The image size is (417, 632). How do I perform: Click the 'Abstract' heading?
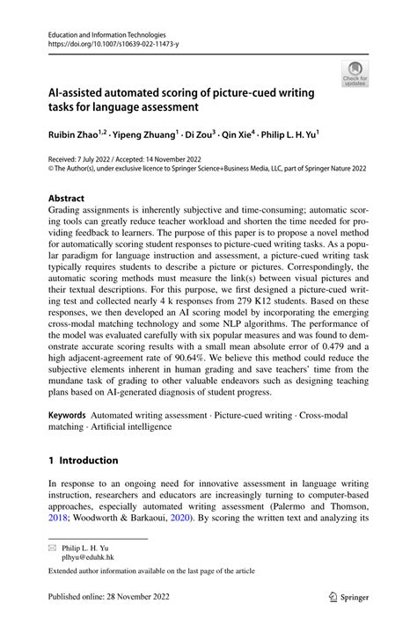55,199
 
